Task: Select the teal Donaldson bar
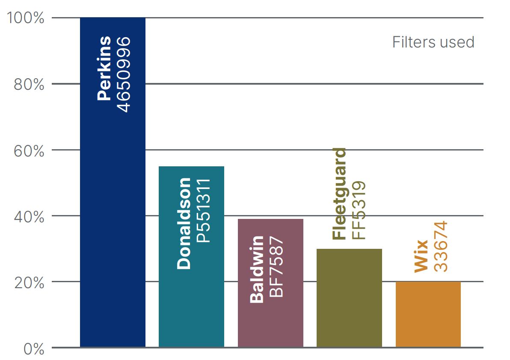(x=191, y=299)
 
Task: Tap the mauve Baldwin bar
(x=270, y=325)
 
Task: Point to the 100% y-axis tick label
(x=26, y=18)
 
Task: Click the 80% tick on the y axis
(x=29, y=85)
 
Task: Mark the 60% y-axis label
(x=29, y=151)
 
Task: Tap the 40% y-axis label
(x=29, y=217)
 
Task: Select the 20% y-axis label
(x=29, y=283)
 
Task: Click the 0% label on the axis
(x=34, y=348)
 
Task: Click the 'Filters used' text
(x=433, y=42)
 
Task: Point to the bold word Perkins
(x=104, y=68)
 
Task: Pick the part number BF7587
(x=276, y=265)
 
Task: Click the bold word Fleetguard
(x=339, y=194)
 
